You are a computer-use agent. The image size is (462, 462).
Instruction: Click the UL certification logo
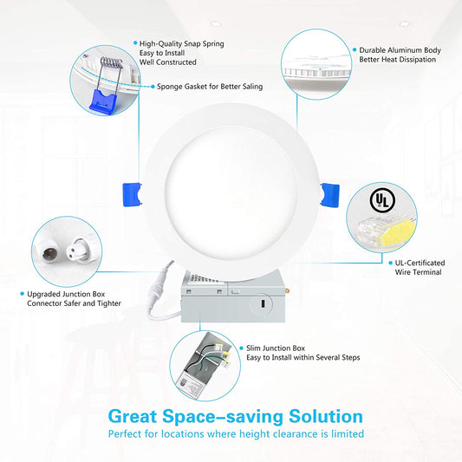tap(382, 200)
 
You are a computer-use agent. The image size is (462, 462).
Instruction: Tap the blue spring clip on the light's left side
tap(132, 194)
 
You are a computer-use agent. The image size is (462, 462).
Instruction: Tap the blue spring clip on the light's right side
tap(330, 195)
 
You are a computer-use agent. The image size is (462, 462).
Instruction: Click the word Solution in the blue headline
tap(326, 416)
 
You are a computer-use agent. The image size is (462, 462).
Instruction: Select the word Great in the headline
tap(133, 416)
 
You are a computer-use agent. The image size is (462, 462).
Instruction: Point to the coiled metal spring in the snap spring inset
tap(111, 62)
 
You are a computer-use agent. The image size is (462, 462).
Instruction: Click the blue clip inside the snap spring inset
tap(103, 101)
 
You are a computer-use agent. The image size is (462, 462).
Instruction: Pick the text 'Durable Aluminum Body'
tap(400, 50)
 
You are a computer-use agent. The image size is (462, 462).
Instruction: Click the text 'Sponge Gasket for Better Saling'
tap(210, 87)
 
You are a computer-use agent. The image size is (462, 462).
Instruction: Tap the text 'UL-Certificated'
tap(420, 263)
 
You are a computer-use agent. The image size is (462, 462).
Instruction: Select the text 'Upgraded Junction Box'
tap(66, 294)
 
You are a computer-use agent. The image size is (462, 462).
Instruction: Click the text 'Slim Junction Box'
tap(276, 348)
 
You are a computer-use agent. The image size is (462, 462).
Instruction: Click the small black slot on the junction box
tap(263, 303)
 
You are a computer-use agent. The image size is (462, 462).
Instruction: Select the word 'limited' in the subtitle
tap(348, 433)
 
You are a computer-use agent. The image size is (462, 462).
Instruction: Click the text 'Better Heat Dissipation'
tap(398, 60)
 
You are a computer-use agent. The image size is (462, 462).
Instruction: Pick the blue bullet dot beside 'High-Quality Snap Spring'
tap(135, 43)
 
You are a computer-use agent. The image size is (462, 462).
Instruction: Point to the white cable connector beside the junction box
tap(160, 282)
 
